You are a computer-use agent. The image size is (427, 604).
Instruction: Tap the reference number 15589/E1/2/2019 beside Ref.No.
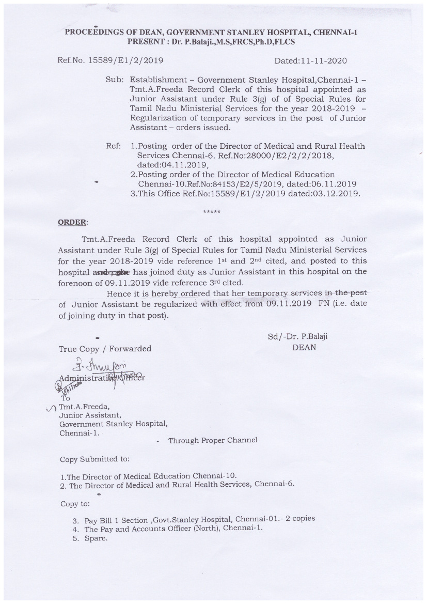[x=126, y=60]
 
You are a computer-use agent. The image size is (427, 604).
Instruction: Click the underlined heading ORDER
[x=72, y=222]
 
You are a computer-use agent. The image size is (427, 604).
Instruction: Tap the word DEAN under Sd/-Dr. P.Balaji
[x=304, y=347]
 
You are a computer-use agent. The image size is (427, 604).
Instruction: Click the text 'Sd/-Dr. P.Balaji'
[x=297, y=336]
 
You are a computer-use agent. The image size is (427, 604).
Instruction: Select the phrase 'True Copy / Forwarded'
[x=105, y=349]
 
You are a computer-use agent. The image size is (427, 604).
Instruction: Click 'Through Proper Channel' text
[x=213, y=440]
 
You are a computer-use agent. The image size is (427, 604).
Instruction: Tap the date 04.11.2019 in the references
[x=168, y=165]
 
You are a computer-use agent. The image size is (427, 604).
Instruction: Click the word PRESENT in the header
[x=147, y=41]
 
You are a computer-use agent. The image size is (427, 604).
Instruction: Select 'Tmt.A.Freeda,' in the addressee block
[x=85, y=406]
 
